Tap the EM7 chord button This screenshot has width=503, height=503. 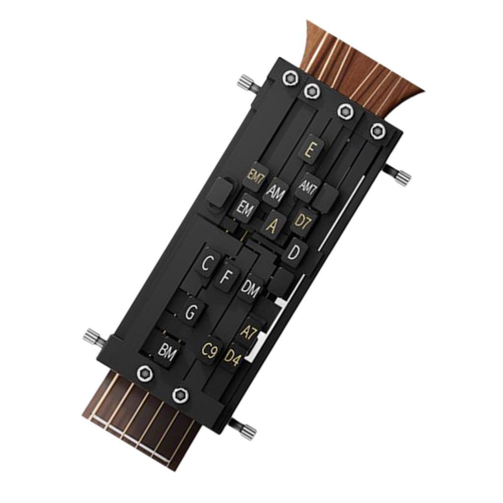click(255, 177)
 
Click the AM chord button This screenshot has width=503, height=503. click(275, 192)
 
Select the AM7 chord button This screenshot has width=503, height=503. click(307, 187)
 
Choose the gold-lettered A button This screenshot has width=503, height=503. click(271, 225)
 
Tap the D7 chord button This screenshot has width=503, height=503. click(303, 222)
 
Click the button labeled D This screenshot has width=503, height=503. click(293, 253)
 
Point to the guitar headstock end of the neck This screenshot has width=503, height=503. click(363, 69)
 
